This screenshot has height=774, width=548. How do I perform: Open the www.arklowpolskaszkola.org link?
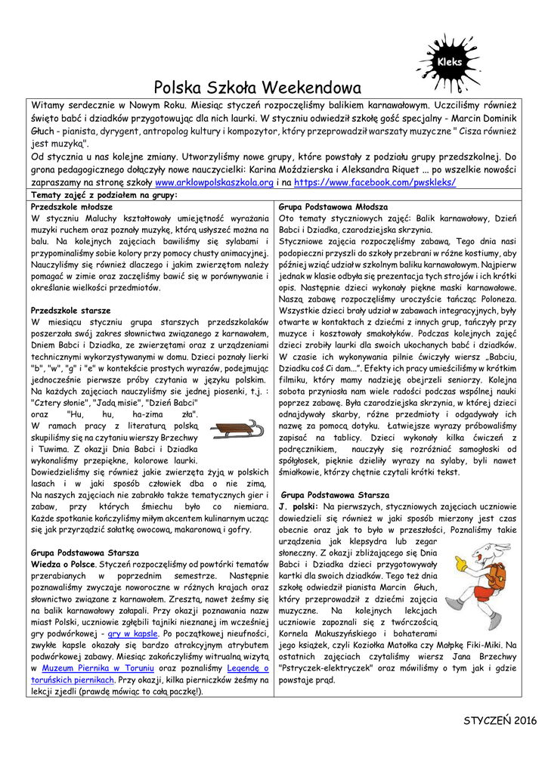(214, 183)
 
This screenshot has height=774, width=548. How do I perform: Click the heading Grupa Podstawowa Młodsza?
(333, 206)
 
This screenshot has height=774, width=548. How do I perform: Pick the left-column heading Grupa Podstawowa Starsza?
(85, 553)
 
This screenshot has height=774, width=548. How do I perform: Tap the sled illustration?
(236, 430)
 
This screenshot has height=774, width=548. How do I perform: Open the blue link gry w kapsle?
(133, 633)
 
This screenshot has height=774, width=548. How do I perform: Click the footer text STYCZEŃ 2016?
(500, 720)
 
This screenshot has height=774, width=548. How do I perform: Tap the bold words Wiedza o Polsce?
(63, 564)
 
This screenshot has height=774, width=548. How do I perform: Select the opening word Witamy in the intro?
(47, 107)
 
